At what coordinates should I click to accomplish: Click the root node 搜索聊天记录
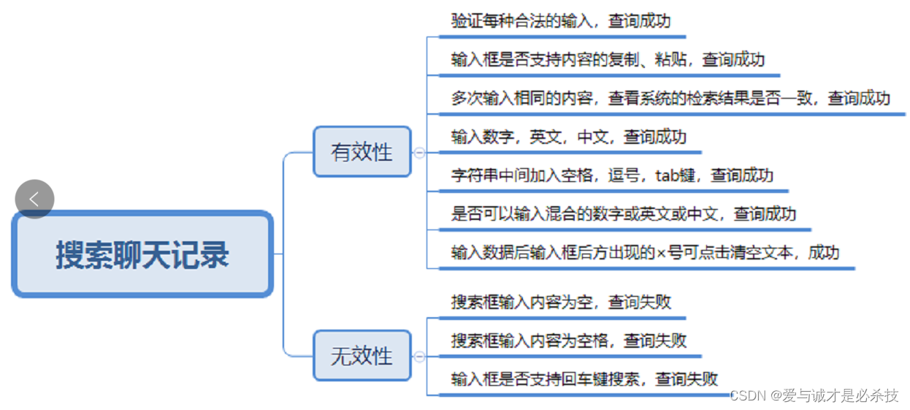[142, 254]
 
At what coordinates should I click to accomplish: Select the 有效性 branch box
[362, 152]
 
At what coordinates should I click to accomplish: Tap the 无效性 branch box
[362, 356]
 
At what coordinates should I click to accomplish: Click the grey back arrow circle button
[34, 199]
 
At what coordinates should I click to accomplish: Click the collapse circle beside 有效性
[419, 153]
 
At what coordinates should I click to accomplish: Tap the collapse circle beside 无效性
[419, 357]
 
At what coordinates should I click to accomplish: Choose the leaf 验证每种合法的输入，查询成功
[560, 20]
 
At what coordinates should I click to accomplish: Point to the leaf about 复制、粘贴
[608, 59]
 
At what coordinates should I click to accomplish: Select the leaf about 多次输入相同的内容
[670, 98]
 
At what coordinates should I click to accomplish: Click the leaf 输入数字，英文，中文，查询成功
[568, 137]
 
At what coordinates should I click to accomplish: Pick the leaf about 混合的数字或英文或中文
[623, 214]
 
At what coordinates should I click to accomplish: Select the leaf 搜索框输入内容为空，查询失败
[561, 302]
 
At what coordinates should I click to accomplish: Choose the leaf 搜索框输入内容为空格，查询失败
[568, 341]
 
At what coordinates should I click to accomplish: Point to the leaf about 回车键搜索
[584, 379]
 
